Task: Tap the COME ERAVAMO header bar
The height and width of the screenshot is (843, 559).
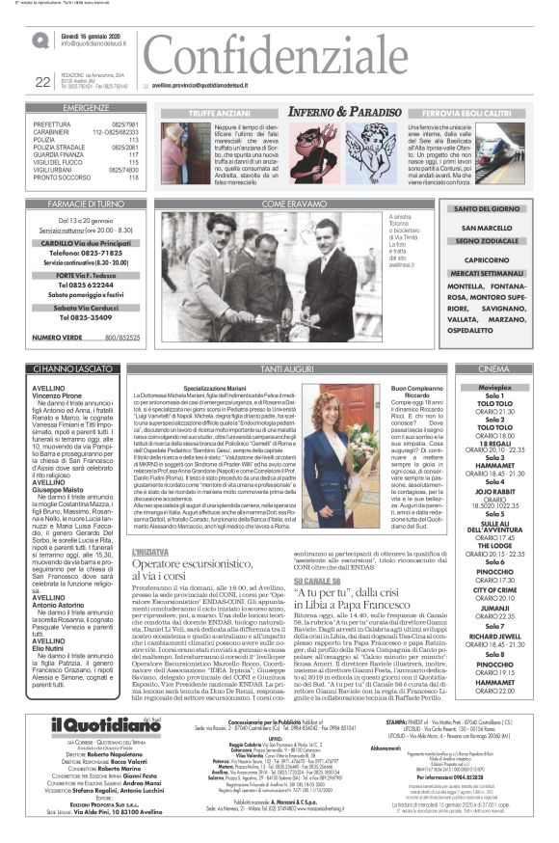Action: point(287,204)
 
